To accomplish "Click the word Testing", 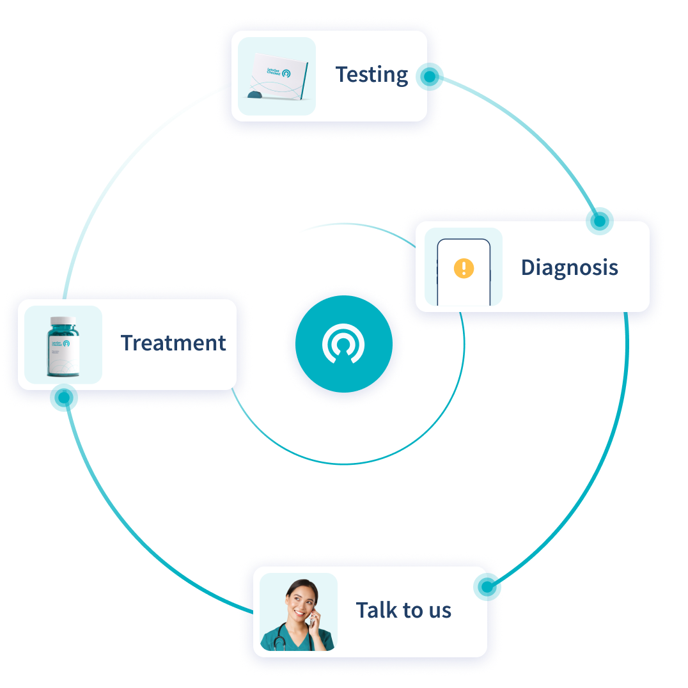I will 371,75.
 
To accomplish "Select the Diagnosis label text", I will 569,267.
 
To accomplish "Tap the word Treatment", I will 173,343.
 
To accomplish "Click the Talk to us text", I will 403,610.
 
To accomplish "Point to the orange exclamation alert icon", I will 464,268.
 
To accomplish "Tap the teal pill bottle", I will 63,348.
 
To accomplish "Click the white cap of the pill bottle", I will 63,321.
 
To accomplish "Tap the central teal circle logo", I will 343,344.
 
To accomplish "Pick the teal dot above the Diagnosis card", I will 600,219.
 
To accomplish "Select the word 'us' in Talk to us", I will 439,610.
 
